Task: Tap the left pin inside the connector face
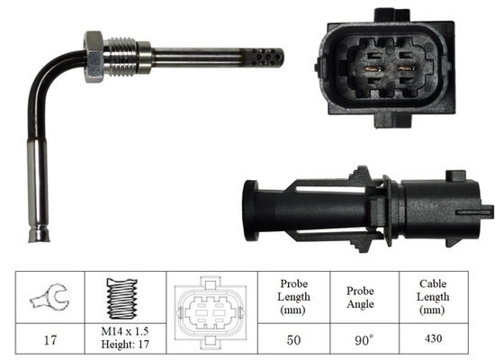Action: point(370,65)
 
